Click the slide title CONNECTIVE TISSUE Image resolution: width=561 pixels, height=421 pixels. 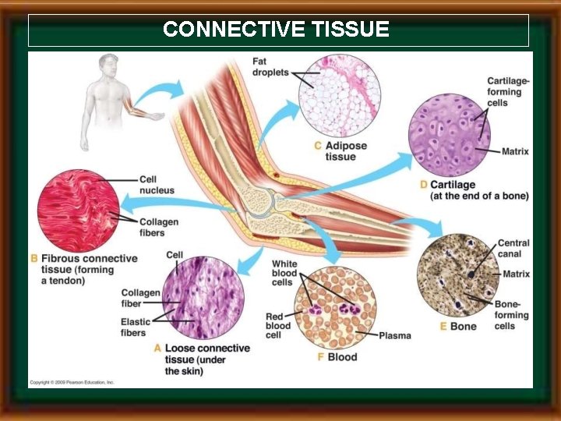pos(276,30)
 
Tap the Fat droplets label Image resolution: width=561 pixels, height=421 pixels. pos(270,68)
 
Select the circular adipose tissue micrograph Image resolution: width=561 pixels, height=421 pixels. pos(340,95)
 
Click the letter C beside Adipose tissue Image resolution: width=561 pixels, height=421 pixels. pos(317,146)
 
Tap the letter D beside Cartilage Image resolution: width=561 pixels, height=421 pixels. pos(423,185)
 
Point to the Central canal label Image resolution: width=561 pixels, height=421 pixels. pos(513,249)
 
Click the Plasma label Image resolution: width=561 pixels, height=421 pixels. pos(394,335)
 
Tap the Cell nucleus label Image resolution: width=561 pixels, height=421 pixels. pos(157,185)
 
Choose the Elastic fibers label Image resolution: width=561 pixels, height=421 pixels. pos(133,327)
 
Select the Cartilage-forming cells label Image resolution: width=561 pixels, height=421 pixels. pos(508,91)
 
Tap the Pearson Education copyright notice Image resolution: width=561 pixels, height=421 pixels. pos(72,383)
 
